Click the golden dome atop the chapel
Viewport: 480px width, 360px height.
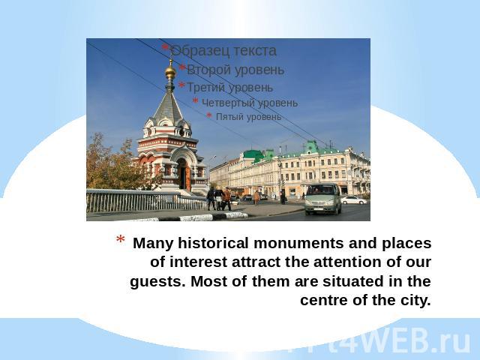point(170,73)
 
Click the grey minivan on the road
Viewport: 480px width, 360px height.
point(323,199)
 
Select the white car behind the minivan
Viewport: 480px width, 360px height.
point(354,200)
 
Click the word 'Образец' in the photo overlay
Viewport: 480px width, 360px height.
point(200,50)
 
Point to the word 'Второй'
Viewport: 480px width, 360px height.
point(206,70)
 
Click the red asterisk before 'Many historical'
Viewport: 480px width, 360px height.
point(120,240)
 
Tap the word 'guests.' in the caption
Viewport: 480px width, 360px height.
point(157,282)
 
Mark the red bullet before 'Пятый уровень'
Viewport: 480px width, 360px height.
point(209,115)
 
